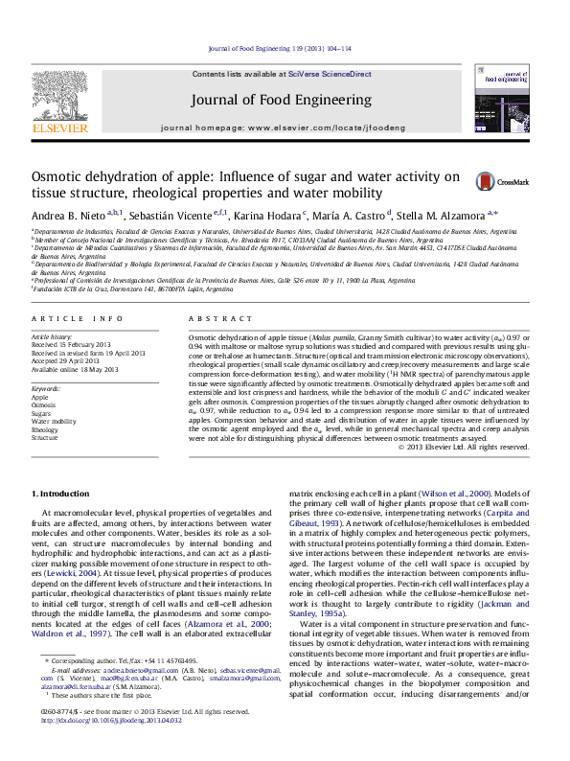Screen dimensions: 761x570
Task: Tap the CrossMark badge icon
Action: [494, 180]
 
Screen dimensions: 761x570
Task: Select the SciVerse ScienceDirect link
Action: [331, 74]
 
